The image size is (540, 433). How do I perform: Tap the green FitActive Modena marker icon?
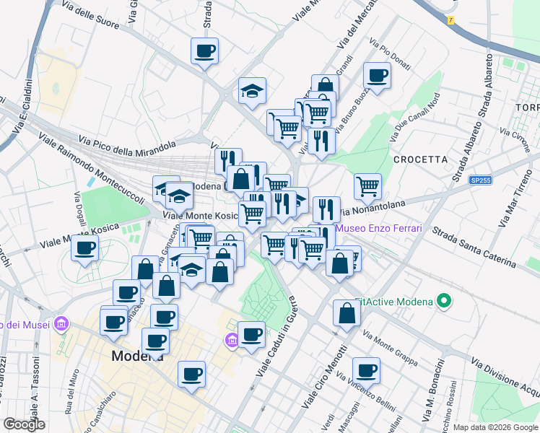pyautogui.click(x=445, y=300)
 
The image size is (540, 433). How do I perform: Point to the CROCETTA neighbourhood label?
pyautogui.click(x=420, y=159)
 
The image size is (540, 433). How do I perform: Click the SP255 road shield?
pyautogui.click(x=479, y=180)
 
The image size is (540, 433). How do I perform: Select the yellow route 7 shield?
pyautogui.click(x=451, y=19)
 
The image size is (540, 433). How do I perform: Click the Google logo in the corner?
pyautogui.click(x=24, y=424)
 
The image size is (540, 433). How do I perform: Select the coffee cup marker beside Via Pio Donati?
pyautogui.click(x=377, y=74)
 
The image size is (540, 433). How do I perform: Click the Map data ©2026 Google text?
pyautogui.click(x=495, y=427)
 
